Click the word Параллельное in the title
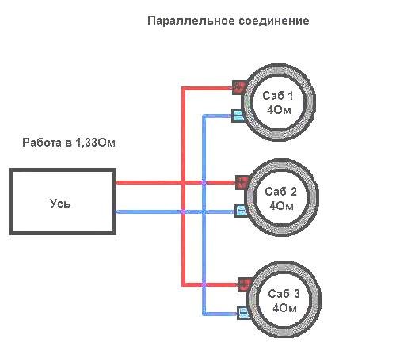point(191,21)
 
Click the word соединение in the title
point(274,21)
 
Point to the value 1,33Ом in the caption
point(95,143)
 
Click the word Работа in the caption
point(41,143)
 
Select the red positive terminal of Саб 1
point(239,87)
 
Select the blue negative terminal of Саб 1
point(238,116)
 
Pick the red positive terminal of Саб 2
point(242,182)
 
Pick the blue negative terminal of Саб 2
point(242,211)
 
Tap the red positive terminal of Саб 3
point(245,284)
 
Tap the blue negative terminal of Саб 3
point(243,313)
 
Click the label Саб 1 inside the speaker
point(278,96)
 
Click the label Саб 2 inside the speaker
point(281,192)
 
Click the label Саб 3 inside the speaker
point(284,294)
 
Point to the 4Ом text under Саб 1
point(279,110)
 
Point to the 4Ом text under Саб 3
point(284,308)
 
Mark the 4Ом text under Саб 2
point(281,206)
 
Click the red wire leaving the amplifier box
point(176,182)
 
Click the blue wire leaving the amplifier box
point(175,211)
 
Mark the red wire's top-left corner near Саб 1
point(184,88)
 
